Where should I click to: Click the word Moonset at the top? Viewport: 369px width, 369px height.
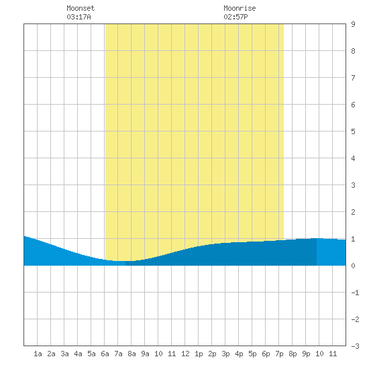(81, 8)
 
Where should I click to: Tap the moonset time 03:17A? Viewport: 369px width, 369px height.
(78, 17)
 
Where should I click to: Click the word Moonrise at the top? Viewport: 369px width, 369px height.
(240, 8)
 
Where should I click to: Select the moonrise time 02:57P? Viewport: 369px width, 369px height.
(235, 17)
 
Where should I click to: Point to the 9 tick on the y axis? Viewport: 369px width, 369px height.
(353, 24)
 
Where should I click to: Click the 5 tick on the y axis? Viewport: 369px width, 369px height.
(353, 131)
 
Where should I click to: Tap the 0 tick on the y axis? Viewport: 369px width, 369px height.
(353, 266)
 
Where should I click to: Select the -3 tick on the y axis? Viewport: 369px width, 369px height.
(355, 346)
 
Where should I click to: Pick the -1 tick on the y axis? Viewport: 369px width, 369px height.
(355, 293)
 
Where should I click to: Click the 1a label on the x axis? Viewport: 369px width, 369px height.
(38, 354)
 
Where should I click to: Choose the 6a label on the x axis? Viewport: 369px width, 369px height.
(105, 354)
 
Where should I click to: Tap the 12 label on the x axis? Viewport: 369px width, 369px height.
(185, 354)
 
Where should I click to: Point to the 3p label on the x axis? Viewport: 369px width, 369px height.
(225, 354)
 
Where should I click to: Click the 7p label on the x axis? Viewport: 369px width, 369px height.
(279, 354)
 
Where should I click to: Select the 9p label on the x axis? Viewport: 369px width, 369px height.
(306, 354)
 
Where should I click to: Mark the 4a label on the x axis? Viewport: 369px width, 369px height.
(78, 354)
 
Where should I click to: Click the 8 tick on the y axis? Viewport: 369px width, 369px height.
(353, 51)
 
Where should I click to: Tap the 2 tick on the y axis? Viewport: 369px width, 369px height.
(353, 212)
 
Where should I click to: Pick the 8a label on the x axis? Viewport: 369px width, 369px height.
(131, 354)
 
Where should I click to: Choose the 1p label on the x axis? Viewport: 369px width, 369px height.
(199, 354)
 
